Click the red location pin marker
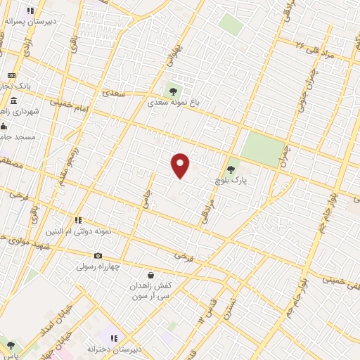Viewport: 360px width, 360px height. click(x=181, y=166)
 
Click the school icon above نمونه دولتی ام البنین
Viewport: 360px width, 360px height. click(x=79, y=220)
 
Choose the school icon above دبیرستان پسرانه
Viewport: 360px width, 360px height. click(x=30, y=11)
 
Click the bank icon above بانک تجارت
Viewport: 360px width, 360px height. click(x=12, y=75)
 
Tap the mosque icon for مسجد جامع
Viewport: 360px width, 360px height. click(x=4, y=127)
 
